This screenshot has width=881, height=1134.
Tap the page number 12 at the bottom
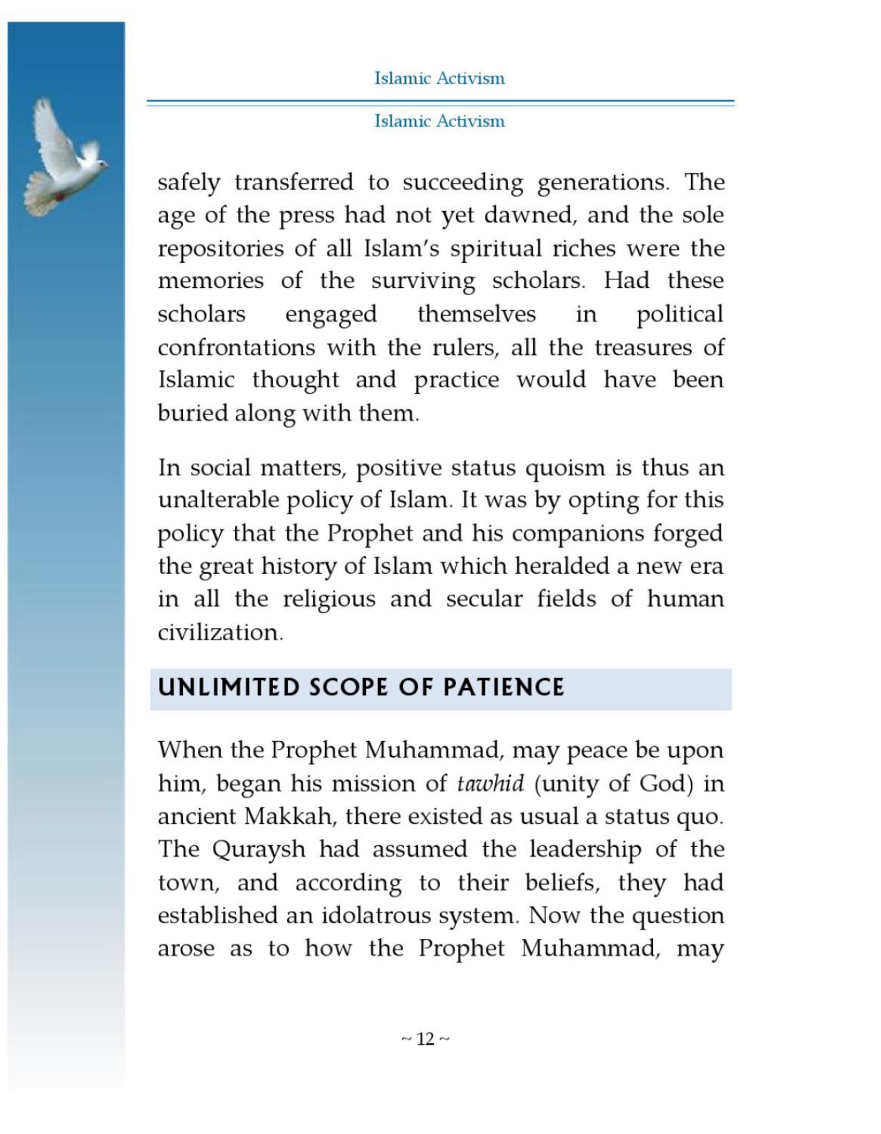425,1039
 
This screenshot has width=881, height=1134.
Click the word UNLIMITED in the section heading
229,687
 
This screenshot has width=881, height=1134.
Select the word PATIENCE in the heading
504,687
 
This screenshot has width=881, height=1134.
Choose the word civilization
219,632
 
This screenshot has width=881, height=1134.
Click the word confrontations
236,347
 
